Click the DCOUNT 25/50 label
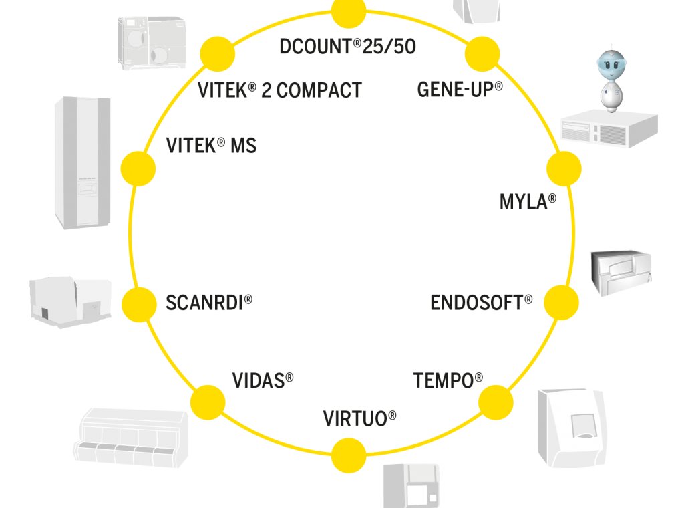tap(348, 47)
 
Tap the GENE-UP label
tap(460, 89)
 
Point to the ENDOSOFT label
tap(482, 302)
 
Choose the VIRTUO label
tap(359, 419)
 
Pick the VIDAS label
tap(263, 381)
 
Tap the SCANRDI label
tap(209, 302)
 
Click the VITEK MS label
tap(211, 145)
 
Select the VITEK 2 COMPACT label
tap(280, 90)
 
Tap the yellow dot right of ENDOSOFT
tap(561, 303)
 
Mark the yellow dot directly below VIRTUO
tap(349, 455)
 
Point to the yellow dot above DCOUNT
tap(349, 11)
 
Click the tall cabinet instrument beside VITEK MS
tap(82, 162)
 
